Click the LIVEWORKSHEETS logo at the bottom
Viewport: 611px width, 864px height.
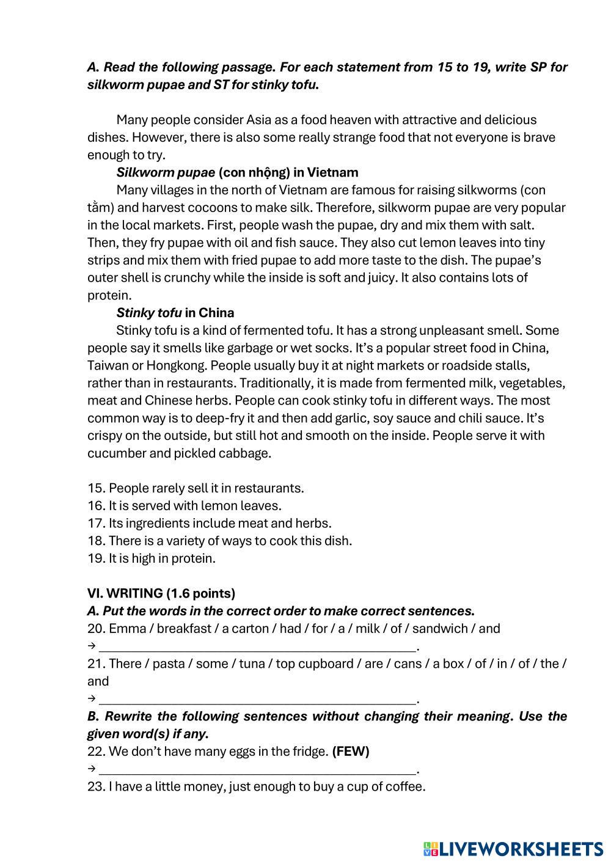pyautogui.click(x=513, y=848)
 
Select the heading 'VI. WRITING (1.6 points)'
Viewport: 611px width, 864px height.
pyautogui.click(x=161, y=593)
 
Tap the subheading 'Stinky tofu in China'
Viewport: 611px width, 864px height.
pyautogui.click(x=175, y=313)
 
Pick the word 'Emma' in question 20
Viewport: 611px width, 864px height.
pyautogui.click(x=125, y=629)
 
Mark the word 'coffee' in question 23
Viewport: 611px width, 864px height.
pyautogui.click(x=403, y=786)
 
